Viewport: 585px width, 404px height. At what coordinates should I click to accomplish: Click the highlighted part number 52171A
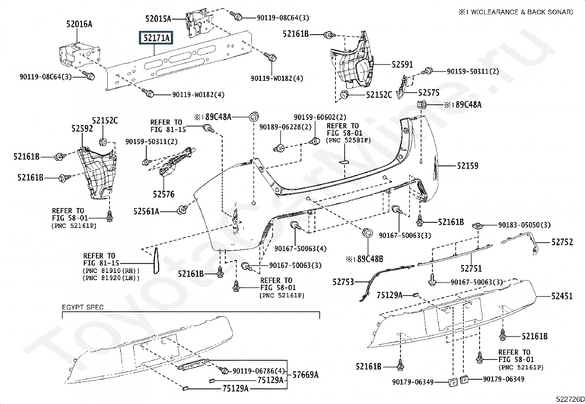[157, 38]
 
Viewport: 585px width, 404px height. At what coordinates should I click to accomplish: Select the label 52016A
[79, 24]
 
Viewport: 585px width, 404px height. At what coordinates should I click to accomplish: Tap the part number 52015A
[158, 18]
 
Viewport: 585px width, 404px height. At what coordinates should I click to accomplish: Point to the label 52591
[402, 65]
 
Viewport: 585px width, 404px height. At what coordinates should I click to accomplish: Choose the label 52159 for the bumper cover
[467, 166]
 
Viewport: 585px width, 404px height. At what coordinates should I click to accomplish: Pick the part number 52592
[82, 129]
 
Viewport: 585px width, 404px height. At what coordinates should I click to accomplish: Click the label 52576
[164, 194]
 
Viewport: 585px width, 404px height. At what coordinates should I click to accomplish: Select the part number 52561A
[146, 211]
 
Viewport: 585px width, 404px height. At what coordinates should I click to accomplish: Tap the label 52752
[562, 242]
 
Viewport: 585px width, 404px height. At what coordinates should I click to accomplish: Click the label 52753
[343, 282]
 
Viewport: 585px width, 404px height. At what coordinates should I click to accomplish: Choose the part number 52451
[562, 296]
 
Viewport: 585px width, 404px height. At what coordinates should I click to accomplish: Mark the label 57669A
[305, 375]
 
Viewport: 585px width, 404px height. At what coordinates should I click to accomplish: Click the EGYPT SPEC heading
[83, 307]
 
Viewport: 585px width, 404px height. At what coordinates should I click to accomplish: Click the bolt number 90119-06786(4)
[259, 371]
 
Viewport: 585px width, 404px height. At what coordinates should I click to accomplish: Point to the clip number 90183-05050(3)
[524, 225]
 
